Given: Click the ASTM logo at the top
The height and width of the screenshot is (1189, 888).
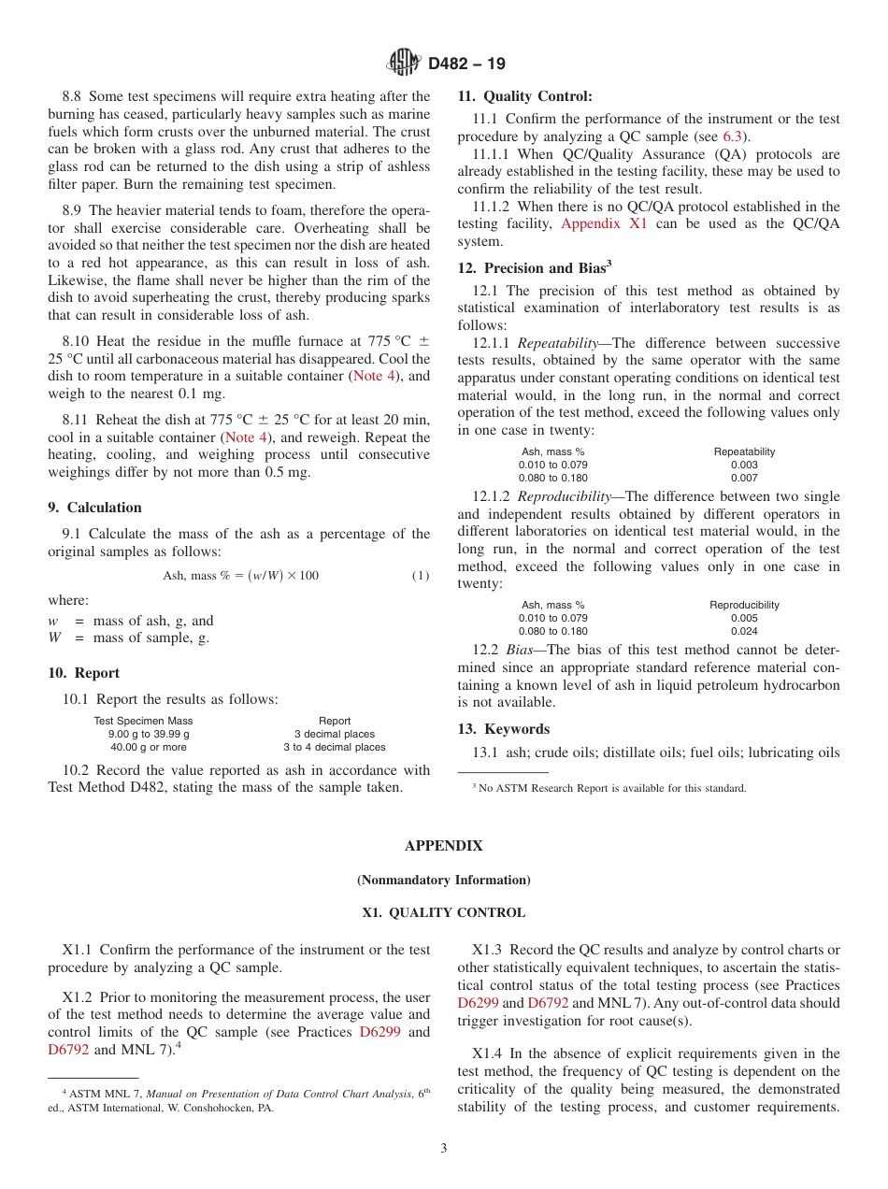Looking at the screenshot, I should tap(404, 63).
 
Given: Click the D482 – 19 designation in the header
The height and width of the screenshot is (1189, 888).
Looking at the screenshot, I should tap(466, 64).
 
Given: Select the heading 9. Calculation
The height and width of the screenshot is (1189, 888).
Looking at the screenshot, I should tap(95, 508).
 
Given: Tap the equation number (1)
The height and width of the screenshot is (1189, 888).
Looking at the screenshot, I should tap(421, 576).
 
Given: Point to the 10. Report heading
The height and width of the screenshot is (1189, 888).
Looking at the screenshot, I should tap(84, 673).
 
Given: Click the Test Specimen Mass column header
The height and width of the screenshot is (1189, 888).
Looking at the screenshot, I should tap(143, 721).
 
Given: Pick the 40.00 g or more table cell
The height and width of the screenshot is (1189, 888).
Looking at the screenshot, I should tap(148, 747).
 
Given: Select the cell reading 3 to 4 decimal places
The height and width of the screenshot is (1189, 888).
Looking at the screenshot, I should tap(335, 747).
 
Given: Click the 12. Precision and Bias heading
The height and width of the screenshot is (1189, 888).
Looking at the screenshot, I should tap(534, 268).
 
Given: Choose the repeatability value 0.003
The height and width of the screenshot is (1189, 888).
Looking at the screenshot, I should tap(744, 465).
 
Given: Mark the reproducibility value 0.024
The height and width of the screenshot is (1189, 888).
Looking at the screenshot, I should tap(744, 631).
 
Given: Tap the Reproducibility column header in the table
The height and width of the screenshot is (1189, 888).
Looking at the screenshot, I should tap(744, 605).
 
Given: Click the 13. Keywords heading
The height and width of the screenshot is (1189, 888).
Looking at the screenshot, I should tap(504, 729).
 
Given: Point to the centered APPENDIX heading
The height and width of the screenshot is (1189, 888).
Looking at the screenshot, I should tap(443, 846).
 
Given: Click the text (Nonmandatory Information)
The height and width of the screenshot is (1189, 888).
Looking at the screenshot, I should tap(443, 880).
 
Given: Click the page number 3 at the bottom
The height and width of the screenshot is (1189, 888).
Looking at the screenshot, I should tap(444, 1149).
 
